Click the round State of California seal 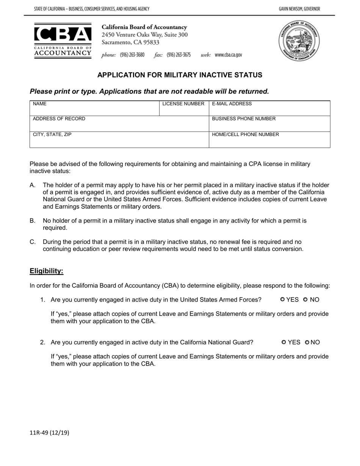coord(299,41)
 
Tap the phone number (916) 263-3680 coord(132,55)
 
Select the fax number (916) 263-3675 coord(178,55)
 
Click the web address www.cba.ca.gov coord(228,55)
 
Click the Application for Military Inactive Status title coord(180,75)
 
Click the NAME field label coord(40,104)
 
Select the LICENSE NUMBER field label coord(183,104)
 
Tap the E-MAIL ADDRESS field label coord(232,104)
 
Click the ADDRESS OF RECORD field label coord(59,119)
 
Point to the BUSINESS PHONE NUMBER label coord(244,119)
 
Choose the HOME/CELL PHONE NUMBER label coord(245,134)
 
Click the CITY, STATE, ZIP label coord(52,134)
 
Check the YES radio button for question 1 coord(283,300)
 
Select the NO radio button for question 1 coord(306,300)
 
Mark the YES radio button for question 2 coord(284,342)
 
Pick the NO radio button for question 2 coord(307,342)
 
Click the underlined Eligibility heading coord(47,271)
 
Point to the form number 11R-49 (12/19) coord(49,433)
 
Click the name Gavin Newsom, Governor coord(299,9)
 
